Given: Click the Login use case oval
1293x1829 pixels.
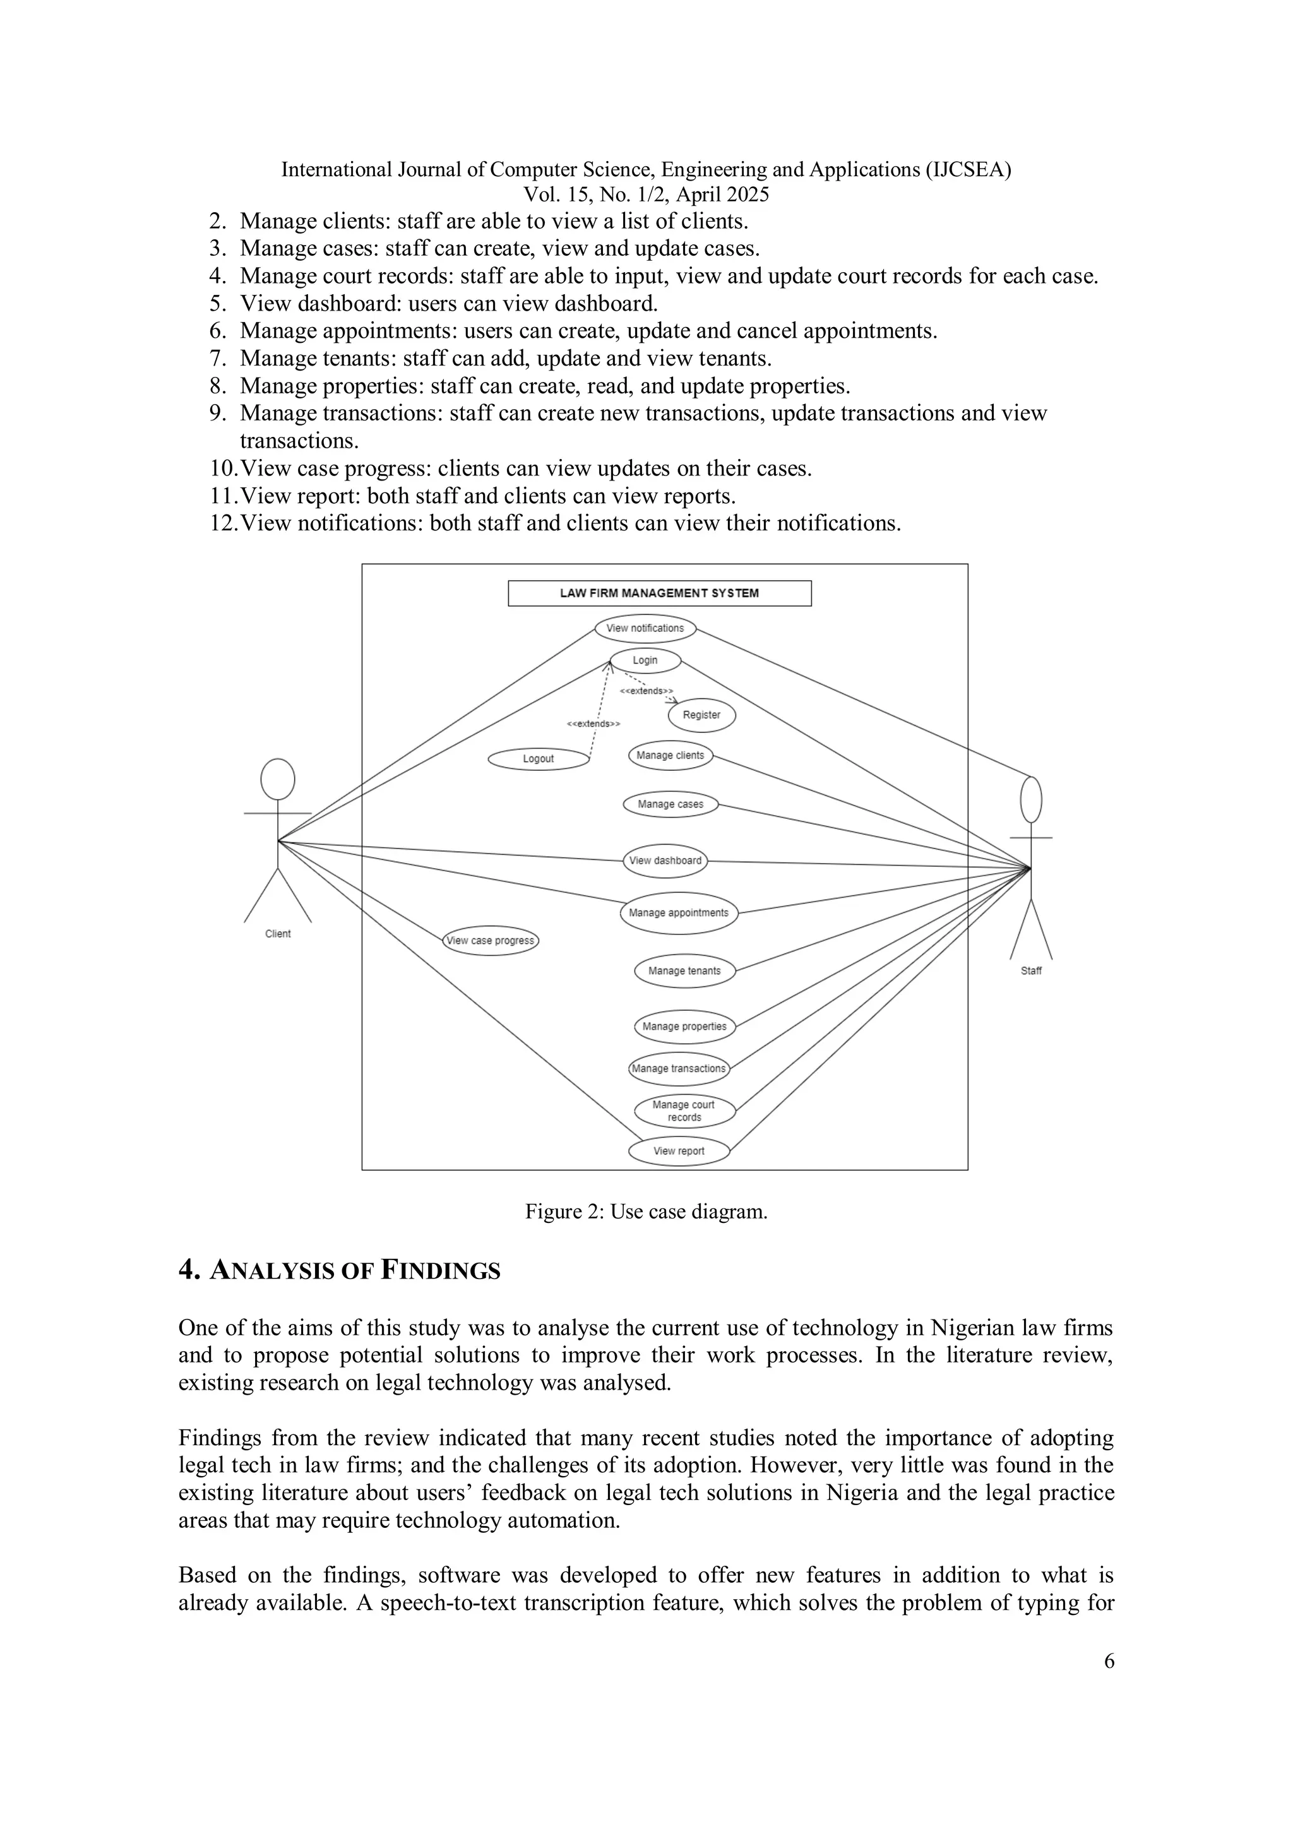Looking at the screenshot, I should [x=645, y=660].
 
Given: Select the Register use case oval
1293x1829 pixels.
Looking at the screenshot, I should [x=701, y=715].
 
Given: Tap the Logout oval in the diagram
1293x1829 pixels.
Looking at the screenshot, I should [x=538, y=758].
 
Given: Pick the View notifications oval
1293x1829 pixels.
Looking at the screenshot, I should [x=645, y=629].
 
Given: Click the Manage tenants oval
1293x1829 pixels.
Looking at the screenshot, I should [x=684, y=971].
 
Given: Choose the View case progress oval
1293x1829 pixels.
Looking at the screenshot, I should [x=490, y=941].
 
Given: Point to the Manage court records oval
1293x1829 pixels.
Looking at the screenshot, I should [x=684, y=1111].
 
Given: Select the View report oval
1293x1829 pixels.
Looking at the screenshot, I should [x=679, y=1151].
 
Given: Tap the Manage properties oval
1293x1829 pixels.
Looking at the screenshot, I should [x=684, y=1027].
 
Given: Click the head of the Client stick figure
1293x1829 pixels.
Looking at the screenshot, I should [x=277, y=779].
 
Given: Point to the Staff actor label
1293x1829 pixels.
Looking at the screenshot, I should [x=1031, y=971].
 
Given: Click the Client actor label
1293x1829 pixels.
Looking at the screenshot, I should [x=277, y=934].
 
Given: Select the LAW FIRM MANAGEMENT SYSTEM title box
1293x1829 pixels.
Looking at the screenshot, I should [x=659, y=593].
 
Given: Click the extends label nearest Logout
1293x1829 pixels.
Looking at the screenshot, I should [x=593, y=724].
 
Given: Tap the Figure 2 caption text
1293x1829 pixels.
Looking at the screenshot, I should [x=645, y=1212].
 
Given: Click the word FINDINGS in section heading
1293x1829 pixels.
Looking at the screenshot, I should [x=441, y=1272].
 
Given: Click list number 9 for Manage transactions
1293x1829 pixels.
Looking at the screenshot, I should [x=218, y=414].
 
